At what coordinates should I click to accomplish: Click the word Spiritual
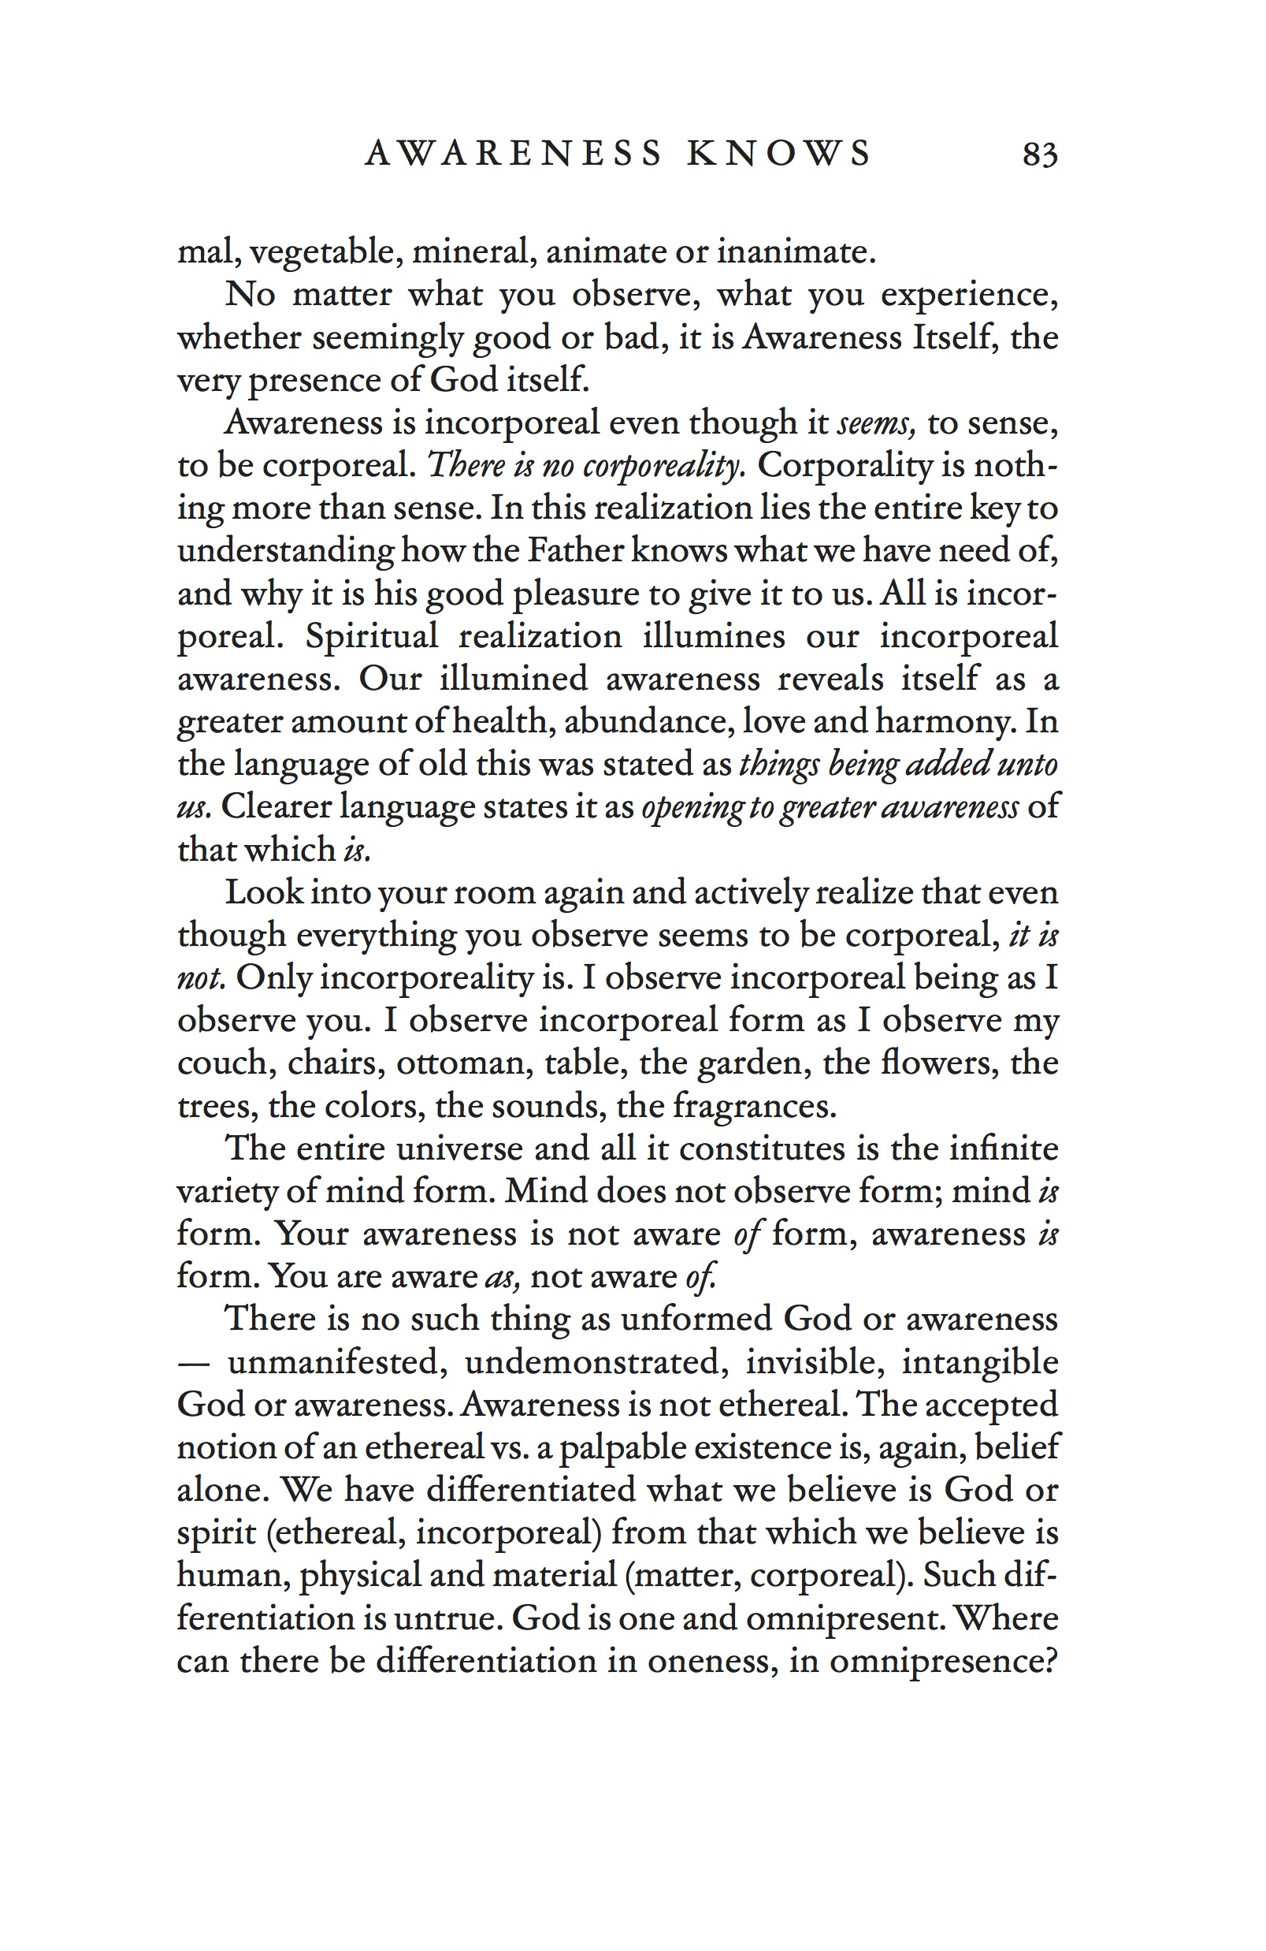click(x=371, y=636)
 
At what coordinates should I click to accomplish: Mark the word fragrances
click(x=754, y=1107)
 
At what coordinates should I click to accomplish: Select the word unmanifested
click(x=336, y=1362)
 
